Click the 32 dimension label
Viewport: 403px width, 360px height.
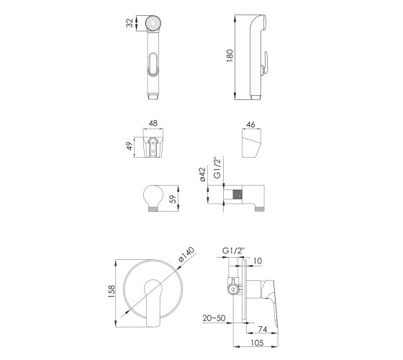click(x=130, y=23)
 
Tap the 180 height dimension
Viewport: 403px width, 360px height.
click(x=230, y=55)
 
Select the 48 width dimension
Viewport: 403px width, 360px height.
click(x=153, y=123)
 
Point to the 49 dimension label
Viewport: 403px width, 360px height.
click(x=130, y=145)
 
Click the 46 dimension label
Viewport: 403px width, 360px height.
click(x=250, y=125)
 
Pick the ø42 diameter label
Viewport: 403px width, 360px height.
click(x=203, y=174)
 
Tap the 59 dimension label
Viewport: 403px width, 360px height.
click(x=173, y=199)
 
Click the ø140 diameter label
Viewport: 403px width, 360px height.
click(x=186, y=255)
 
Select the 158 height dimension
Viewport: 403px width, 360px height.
click(x=112, y=292)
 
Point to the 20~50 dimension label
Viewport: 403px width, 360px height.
click(x=214, y=318)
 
